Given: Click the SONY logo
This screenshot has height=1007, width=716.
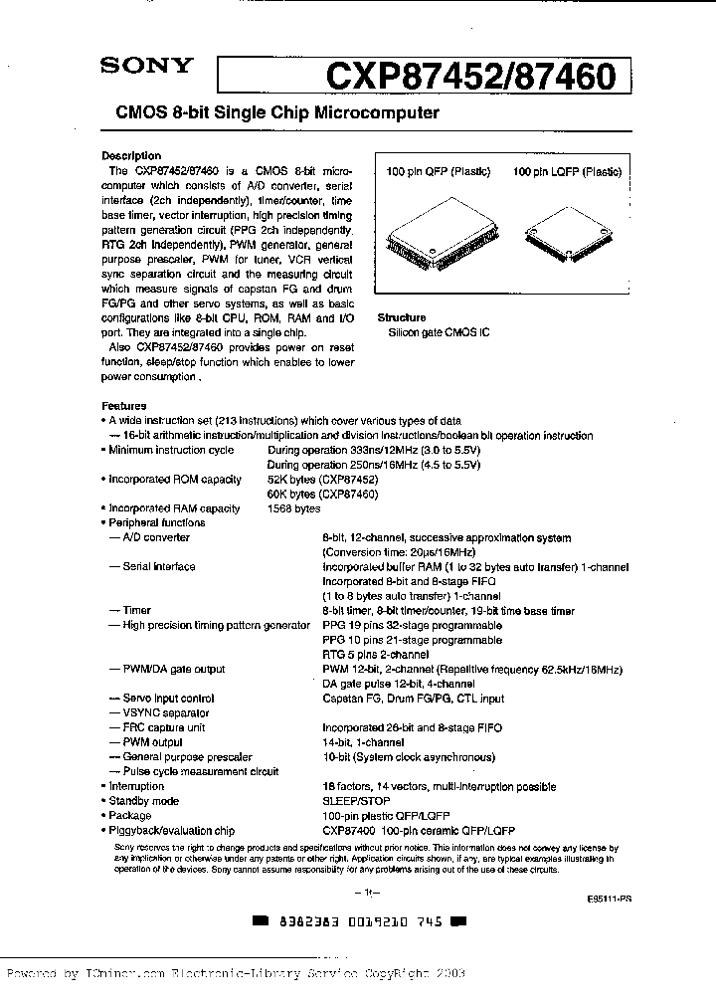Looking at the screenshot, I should coord(144,68).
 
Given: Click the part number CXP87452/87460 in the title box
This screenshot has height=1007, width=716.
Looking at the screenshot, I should coord(470,77).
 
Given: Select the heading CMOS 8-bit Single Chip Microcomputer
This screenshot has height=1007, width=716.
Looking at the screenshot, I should coord(270,113).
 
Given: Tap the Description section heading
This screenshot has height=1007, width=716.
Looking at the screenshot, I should coord(131,156).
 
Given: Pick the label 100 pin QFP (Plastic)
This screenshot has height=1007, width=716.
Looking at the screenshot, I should coord(439,172).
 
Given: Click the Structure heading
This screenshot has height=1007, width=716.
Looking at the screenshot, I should coord(401,318).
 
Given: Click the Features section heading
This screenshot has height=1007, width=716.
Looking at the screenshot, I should coord(124,406).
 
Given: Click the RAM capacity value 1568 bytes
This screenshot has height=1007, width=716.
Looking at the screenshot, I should coord(294,508).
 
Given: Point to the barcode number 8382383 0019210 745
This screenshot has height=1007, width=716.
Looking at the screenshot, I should coord(356,921).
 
